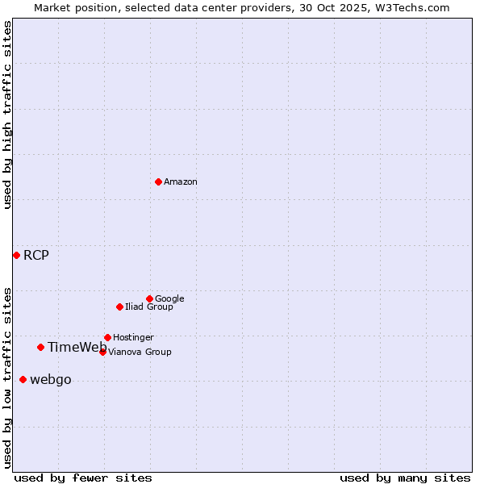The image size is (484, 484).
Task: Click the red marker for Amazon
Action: pos(158,181)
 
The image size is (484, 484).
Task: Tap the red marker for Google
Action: pos(149,298)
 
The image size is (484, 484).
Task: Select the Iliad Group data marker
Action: pos(119,307)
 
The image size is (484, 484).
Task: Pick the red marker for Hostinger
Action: pos(107,337)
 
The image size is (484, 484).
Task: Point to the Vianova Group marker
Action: pos(102,352)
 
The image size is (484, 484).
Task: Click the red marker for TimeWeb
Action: pos(40,347)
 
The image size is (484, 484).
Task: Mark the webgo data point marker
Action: pos(23,379)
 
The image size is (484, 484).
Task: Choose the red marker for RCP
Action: pos(16,255)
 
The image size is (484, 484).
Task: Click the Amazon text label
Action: pos(181,182)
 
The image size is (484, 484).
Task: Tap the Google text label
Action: pos(169,298)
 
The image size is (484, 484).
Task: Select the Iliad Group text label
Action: pos(149,307)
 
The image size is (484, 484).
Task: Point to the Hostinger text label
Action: pos(133,337)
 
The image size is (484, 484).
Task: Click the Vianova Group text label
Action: pos(140,352)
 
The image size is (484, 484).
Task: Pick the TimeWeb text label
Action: pos(77,348)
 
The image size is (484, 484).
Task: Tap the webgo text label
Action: pos(51,380)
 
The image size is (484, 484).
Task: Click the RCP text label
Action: pos(36,256)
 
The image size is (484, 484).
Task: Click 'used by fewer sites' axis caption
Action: pos(83,478)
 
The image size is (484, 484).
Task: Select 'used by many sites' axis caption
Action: pos(405,478)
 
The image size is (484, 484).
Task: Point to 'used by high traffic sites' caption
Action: pos(7,115)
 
